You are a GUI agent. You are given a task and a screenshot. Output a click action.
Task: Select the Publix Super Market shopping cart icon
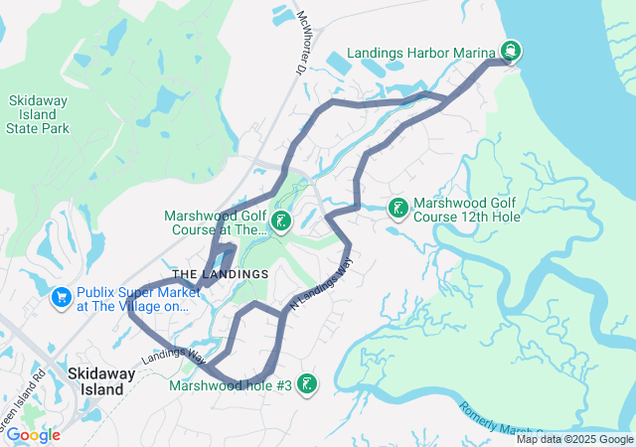point(61,297)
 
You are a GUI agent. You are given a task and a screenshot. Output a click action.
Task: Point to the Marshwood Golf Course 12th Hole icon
point(397,208)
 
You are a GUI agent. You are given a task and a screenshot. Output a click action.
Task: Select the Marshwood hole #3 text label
point(231,385)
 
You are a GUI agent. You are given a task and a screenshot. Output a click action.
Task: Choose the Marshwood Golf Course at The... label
point(216,221)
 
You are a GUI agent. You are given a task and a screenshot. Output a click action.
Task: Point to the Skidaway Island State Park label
point(37,115)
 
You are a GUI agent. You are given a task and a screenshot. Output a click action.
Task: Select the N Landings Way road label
point(320,286)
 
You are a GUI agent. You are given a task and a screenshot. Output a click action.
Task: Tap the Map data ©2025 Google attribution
point(574,439)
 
